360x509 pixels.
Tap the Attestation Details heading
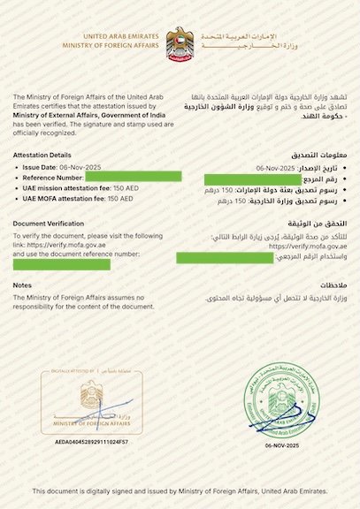click(x=42, y=155)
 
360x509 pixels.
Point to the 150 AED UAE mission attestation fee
click(x=119, y=188)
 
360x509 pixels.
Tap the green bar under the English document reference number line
click(x=61, y=263)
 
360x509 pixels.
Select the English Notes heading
click(x=23, y=285)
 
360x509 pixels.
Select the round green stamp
click(x=276, y=400)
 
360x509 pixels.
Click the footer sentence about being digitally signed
click(x=180, y=490)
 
